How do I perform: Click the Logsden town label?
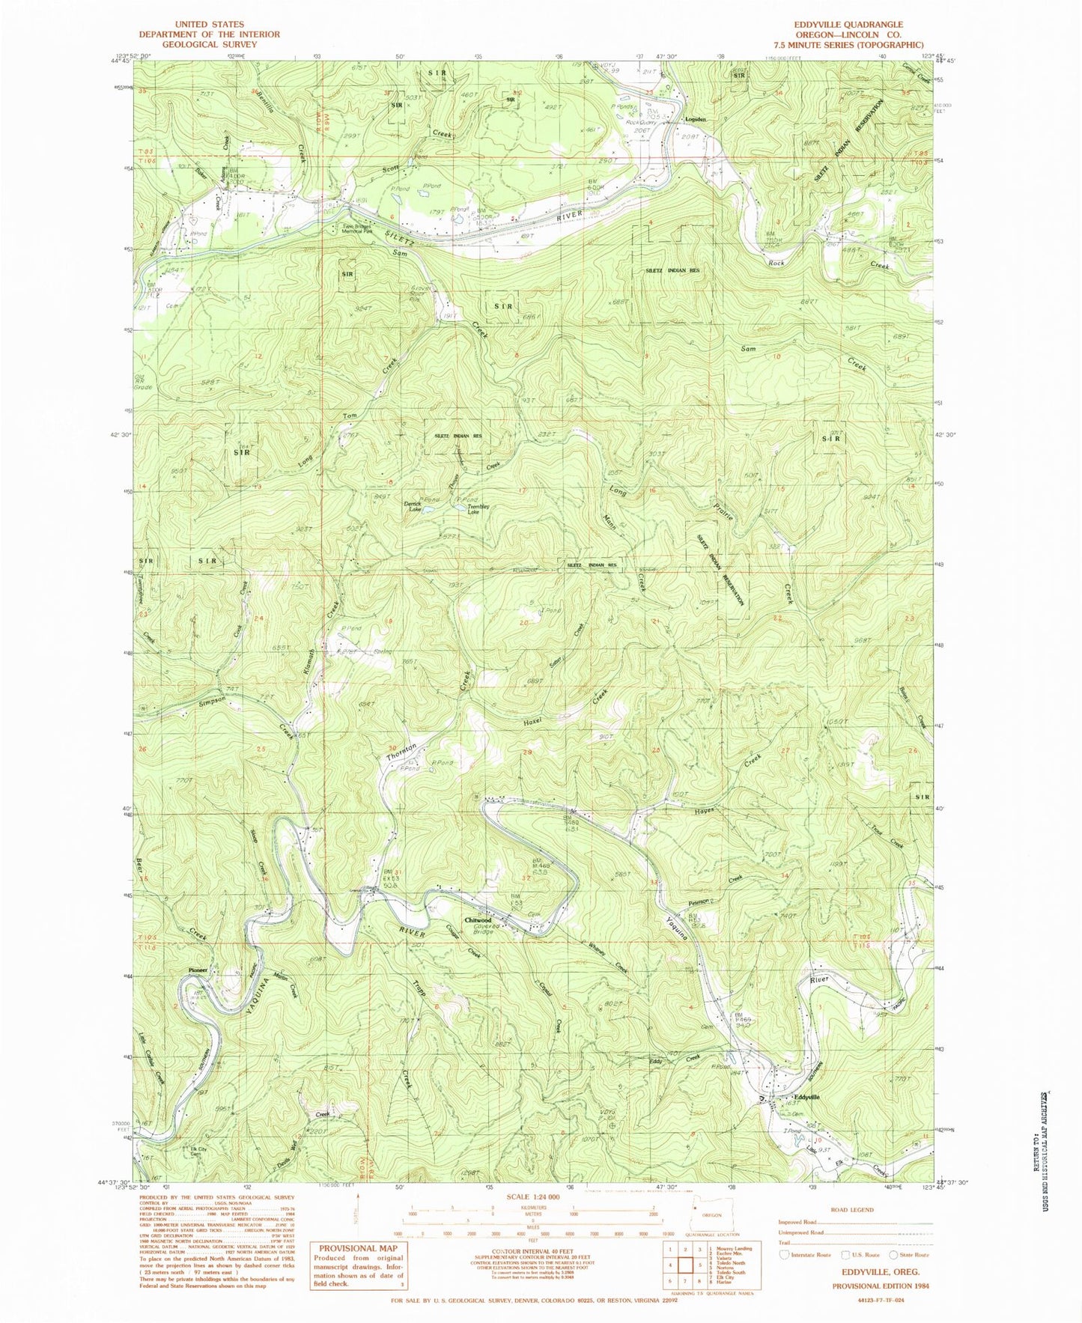coord(696,119)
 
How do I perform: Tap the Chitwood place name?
coord(478,920)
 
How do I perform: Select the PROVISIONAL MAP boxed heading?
coord(356,1248)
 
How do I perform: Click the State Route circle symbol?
coord(893,1255)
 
